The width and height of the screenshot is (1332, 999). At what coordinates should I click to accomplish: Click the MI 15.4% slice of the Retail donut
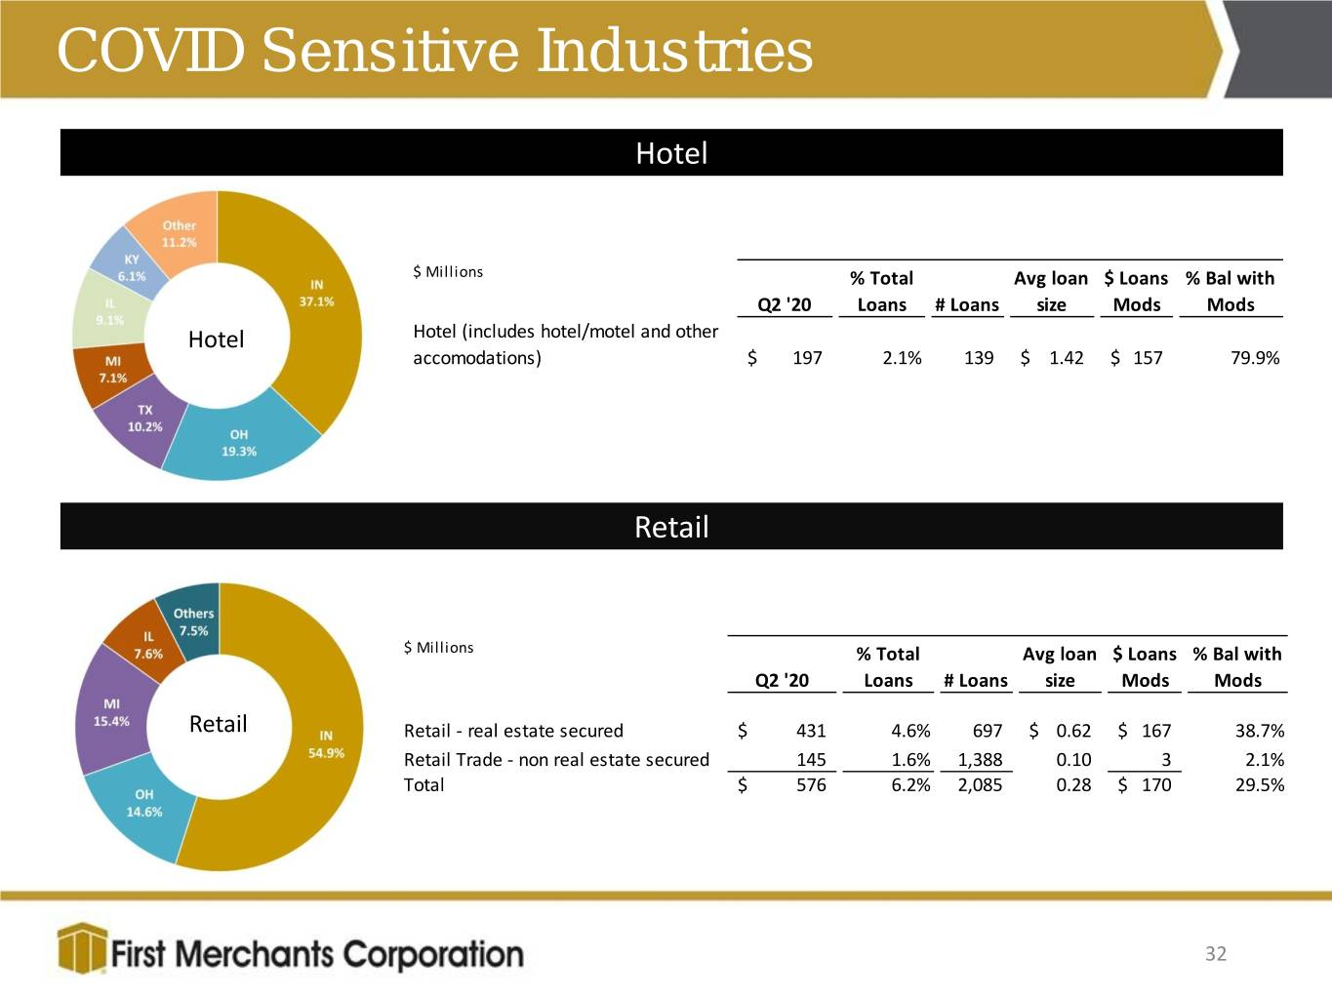(x=111, y=713)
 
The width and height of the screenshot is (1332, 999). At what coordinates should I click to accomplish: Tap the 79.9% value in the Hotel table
(x=1255, y=358)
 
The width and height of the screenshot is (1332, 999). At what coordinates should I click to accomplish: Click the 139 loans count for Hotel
(x=979, y=358)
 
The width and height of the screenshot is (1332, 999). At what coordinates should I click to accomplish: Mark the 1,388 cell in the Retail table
(x=980, y=759)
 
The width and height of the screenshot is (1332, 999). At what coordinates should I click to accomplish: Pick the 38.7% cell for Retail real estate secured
(x=1260, y=731)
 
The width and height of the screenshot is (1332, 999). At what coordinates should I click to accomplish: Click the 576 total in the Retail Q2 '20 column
(x=811, y=785)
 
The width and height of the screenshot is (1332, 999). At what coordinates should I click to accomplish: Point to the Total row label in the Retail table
(x=424, y=785)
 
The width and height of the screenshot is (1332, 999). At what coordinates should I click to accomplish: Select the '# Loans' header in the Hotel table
(x=967, y=304)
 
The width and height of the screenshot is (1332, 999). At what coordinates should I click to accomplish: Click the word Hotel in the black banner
(x=671, y=153)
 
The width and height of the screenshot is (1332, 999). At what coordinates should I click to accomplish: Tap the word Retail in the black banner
(x=671, y=527)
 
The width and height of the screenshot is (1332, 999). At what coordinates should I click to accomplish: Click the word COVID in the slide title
(x=150, y=51)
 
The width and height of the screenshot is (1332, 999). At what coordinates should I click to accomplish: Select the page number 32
(x=1216, y=953)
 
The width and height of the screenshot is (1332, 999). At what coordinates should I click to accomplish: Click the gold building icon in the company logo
(x=83, y=947)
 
